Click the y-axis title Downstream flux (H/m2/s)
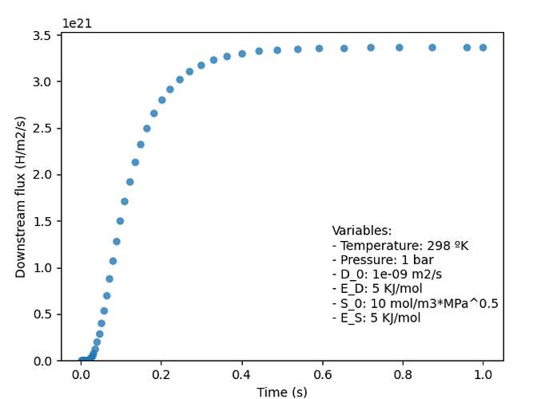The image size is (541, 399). coord(21,197)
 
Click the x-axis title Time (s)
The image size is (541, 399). coord(282,392)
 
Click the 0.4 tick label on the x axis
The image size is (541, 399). coord(242,374)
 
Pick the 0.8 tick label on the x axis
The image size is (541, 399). coord(403,374)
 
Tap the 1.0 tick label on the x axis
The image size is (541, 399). coord(483,374)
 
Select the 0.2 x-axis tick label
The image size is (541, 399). coord(161,374)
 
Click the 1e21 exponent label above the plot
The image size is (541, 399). coord(77,24)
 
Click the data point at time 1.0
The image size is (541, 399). coord(483,48)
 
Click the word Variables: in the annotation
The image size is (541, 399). coord(362,231)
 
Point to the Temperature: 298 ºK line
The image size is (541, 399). coord(400,246)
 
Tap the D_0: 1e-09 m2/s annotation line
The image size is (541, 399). coord(387,275)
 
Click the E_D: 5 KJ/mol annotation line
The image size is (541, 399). coord(377,289)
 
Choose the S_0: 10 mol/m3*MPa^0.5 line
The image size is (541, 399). coord(415,303)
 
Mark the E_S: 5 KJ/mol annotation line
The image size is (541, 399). coord(376,318)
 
